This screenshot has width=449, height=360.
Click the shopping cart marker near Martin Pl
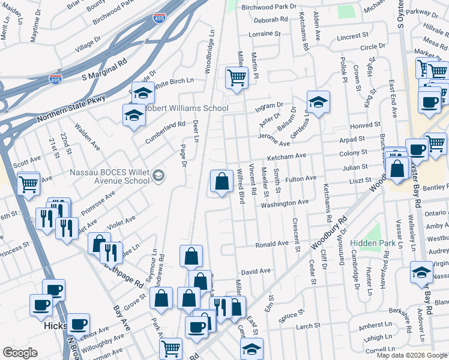coord(237,77)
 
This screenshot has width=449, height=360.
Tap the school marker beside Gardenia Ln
coord(319,101)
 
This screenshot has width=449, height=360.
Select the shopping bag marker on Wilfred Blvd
coord(221,181)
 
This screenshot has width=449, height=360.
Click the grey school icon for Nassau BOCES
coord(158,176)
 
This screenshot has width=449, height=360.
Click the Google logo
coord(20,353)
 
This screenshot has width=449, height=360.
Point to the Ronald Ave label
coord(272,245)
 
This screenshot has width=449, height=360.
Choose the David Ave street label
coord(256,272)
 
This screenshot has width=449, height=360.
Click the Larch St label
coord(308,326)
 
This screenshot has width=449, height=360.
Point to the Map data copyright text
coord(412,355)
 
